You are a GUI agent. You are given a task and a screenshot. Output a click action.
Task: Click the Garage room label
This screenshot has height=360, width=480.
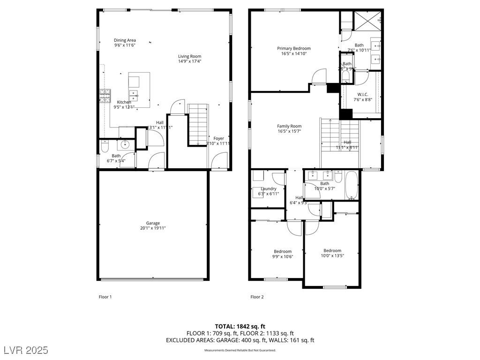153,223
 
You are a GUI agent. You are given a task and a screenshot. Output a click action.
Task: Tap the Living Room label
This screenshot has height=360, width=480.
189,56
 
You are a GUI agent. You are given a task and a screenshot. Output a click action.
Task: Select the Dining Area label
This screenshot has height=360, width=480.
125,40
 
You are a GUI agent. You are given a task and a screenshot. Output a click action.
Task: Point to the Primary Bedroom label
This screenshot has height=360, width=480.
293,48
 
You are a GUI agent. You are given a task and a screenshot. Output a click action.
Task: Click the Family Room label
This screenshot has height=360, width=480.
289,126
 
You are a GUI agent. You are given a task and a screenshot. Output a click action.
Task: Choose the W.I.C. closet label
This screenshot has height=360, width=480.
363,94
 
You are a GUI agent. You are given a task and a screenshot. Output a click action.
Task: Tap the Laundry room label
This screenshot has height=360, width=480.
269,189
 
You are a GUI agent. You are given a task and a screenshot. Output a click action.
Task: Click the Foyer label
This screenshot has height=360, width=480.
219,138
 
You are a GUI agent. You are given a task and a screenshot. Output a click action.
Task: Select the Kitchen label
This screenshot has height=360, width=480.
124,102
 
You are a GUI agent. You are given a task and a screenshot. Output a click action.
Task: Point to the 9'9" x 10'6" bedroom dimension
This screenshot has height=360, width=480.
283,256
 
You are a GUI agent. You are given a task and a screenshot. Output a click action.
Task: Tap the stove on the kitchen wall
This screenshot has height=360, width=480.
104,96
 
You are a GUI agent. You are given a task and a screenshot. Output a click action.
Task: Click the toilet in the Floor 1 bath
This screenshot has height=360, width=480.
105,147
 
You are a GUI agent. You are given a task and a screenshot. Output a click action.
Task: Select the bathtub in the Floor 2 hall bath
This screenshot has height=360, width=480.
352,186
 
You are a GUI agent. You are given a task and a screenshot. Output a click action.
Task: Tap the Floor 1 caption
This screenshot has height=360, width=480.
105,297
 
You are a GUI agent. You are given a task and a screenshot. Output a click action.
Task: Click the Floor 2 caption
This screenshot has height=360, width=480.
257,297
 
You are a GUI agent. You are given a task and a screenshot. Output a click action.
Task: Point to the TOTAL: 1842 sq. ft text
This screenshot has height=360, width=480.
240,326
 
